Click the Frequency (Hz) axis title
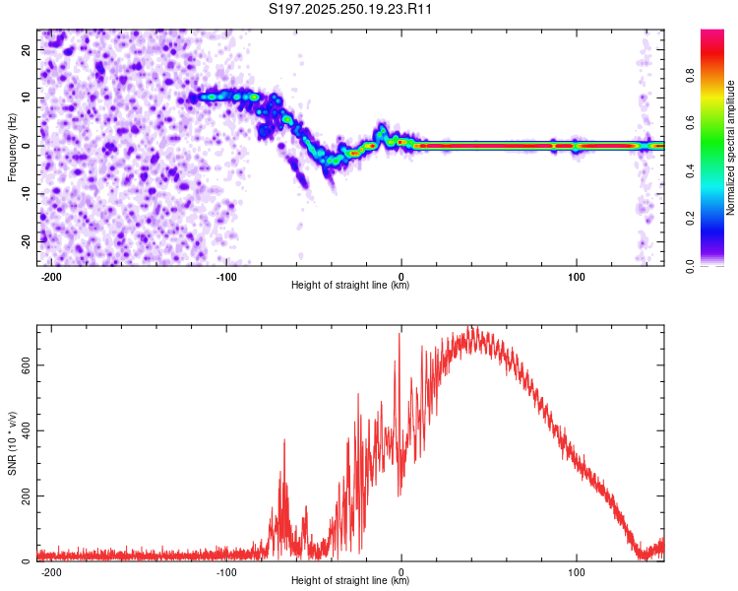(x=12, y=147)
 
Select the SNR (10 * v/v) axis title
(x=12, y=443)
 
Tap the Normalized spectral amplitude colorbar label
(x=731, y=148)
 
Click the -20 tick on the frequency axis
(x=26, y=240)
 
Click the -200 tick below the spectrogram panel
(x=51, y=277)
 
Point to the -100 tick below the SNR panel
(x=226, y=572)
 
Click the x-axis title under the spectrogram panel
(x=350, y=286)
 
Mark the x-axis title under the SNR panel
(x=350, y=581)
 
